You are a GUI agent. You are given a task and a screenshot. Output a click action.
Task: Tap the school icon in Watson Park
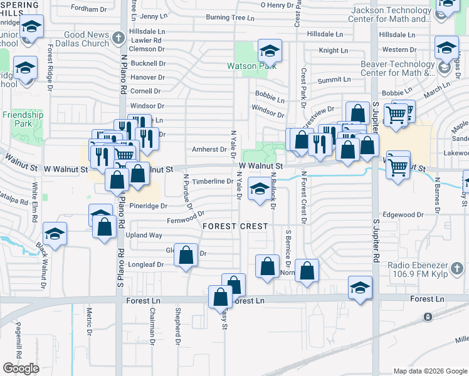[270, 50]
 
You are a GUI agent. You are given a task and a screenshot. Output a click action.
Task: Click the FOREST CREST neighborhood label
[235, 226]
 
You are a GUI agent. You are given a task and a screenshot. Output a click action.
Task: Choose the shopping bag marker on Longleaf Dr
[186, 255]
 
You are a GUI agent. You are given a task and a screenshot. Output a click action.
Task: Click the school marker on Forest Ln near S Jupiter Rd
[360, 288]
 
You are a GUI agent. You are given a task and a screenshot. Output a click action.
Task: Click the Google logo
[21, 368]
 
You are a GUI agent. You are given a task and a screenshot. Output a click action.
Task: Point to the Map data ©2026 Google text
[429, 371]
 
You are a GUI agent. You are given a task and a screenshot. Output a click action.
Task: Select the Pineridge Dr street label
[149, 206]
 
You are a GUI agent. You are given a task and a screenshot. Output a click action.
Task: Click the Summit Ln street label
[334, 80]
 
